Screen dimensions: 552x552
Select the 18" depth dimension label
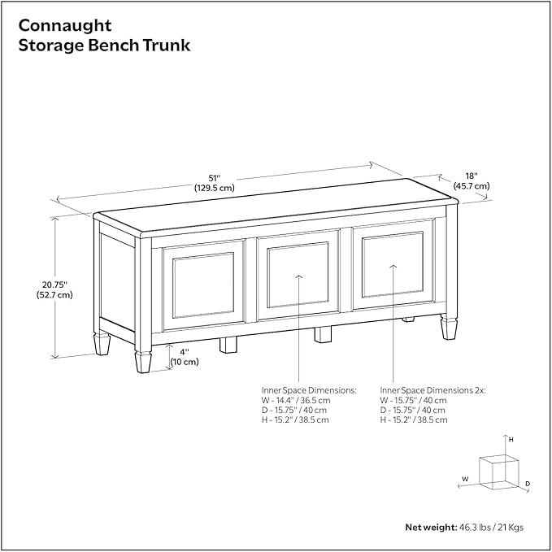tap(471, 175)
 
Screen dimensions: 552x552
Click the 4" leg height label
tap(185, 351)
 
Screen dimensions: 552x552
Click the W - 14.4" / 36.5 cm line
tap(295, 400)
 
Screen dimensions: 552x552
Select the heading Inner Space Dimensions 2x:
tap(432, 390)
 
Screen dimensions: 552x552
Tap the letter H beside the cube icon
tap(511, 439)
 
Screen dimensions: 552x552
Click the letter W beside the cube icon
tap(465, 478)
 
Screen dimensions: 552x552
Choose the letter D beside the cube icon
tap(527, 484)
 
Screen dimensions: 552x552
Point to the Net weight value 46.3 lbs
tap(476, 527)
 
